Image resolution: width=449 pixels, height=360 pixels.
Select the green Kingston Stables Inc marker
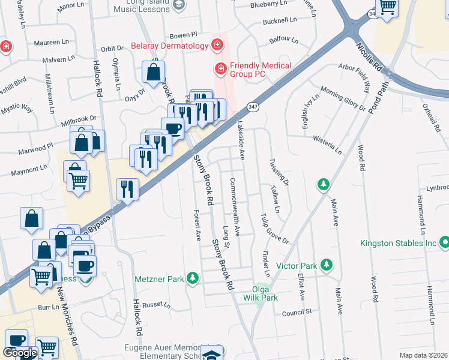tap(444, 243)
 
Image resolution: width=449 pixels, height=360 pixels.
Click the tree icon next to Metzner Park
tap(192, 278)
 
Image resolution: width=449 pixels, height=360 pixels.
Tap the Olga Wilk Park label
tap(261, 293)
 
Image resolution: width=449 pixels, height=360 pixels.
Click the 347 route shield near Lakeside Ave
tap(253, 107)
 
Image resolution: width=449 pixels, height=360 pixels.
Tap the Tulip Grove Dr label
tap(274, 229)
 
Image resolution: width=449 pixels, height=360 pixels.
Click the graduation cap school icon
tap(211, 354)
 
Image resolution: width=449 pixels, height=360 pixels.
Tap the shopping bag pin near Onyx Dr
tap(154, 73)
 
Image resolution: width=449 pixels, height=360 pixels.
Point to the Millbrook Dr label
tap(79, 119)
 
